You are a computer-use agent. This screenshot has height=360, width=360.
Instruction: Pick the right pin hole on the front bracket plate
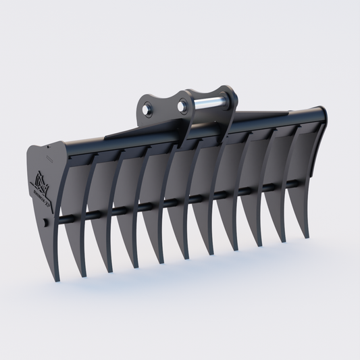[182, 105]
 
